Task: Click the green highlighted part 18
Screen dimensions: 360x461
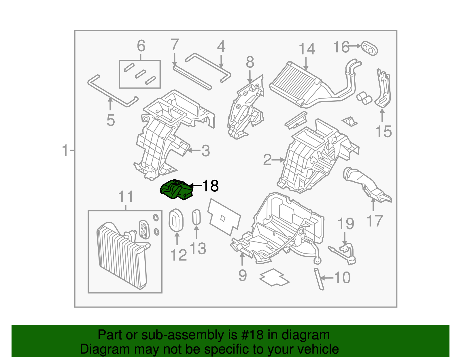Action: [176, 190]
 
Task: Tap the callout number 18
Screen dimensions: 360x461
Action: [211, 186]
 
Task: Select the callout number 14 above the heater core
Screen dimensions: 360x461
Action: [307, 49]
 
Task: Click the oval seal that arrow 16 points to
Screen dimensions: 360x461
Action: [369, 48]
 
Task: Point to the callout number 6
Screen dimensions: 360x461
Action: [141, 46]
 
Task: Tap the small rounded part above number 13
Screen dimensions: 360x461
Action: [196, 217]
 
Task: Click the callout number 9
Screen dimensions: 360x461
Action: [243, 275]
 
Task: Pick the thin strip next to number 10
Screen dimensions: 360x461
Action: [319, 279]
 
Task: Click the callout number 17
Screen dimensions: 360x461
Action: [374, 221]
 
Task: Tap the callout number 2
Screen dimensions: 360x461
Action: [267, 160]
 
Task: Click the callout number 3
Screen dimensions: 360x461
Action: [205, 151]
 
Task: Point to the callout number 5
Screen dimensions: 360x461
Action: [111, 120]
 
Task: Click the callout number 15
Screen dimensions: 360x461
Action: [383, 131]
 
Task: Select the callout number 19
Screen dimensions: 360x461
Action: [345, 224]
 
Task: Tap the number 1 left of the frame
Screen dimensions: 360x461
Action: [65, 150]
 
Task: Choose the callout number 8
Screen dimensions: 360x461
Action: [250, 62]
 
